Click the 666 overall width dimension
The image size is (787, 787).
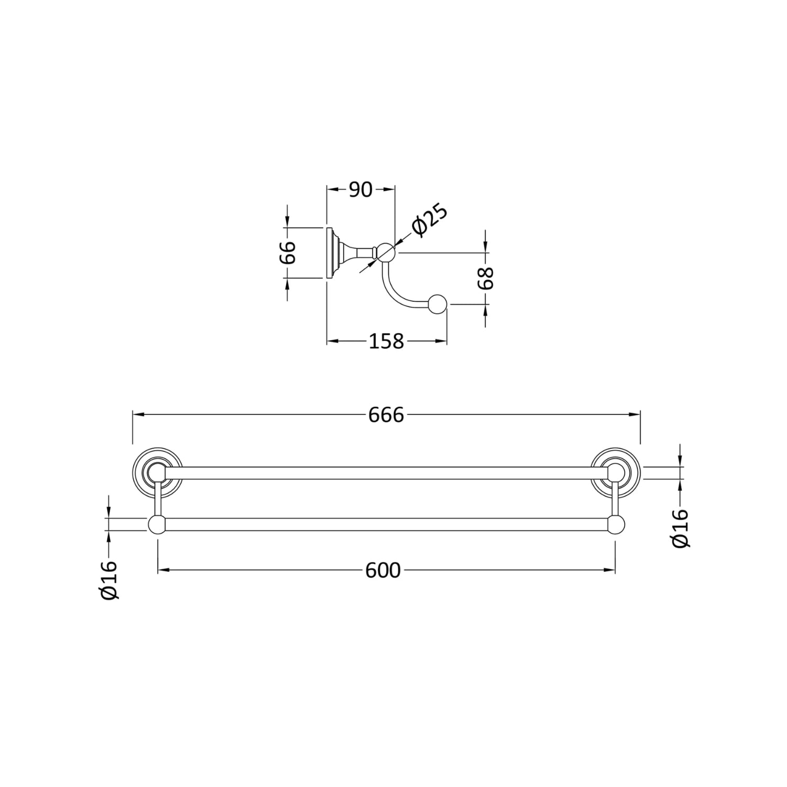386,415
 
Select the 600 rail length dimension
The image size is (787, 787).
383,570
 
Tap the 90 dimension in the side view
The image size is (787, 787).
360,190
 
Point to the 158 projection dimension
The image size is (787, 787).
387,342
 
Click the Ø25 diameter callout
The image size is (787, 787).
430,220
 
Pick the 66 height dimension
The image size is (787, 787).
288,253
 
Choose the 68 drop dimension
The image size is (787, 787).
486,278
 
